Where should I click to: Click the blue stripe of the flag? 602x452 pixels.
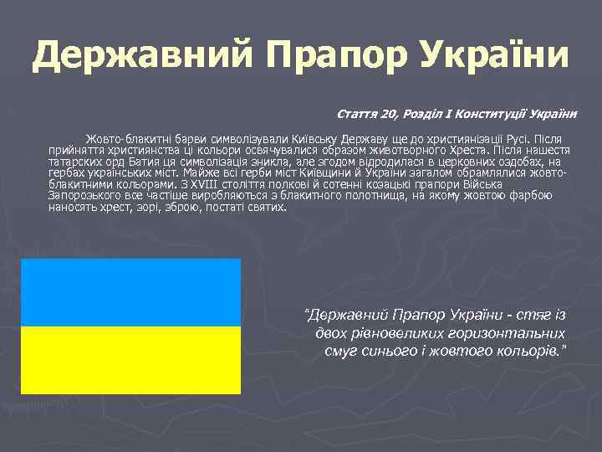(130, 292)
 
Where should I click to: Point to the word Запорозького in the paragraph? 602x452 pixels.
(84, 195)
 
